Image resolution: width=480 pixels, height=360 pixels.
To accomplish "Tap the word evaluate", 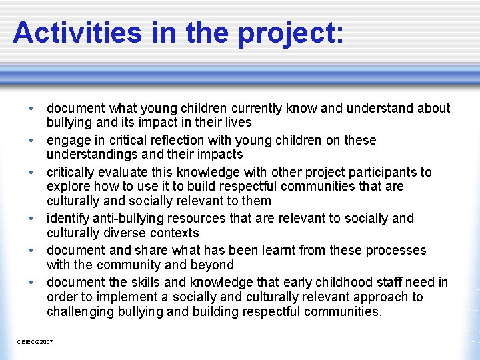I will (x=121, y=173).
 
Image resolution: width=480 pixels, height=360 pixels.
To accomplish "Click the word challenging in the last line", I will (x=82, y=311).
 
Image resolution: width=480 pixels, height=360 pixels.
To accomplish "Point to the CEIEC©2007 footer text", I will (x=35, y=342).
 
